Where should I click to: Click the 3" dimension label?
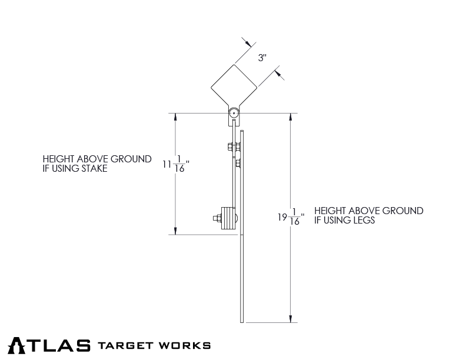coord(262,58)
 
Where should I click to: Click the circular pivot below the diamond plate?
coord(234,113)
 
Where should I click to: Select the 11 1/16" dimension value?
coord(175,166)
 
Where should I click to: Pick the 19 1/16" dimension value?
coord(291,218)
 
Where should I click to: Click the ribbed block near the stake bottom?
coord(228,218)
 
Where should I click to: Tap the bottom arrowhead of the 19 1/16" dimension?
coord(291,319)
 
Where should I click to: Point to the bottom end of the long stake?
coord(242,321)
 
